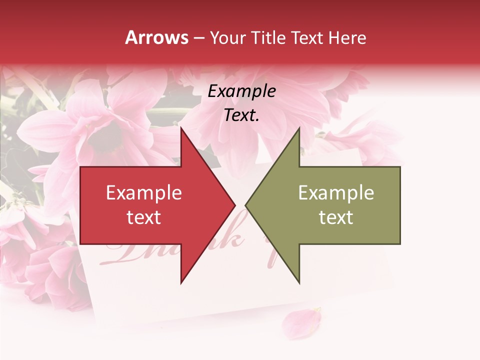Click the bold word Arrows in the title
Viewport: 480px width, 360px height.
(x=157, y=37)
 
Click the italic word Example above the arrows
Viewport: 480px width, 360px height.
(x=241, y=91)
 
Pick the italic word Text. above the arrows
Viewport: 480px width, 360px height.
(x=241, y=115)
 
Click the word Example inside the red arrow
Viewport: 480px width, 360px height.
(x=144, y=192)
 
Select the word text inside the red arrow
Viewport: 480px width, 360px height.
(x=144, y=217)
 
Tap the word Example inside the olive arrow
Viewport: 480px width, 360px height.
(x=336, y=192)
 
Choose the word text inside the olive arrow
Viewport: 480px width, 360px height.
(x=336, y=217)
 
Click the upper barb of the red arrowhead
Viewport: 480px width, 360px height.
(x=182, y=131)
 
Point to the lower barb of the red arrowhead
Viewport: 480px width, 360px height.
(x=182, y=280)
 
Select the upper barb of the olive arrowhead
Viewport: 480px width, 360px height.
(x=298, y=131)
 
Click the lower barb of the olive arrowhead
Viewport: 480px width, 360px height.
(x=298, y=280)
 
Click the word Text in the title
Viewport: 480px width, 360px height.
(x=307, y=37)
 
